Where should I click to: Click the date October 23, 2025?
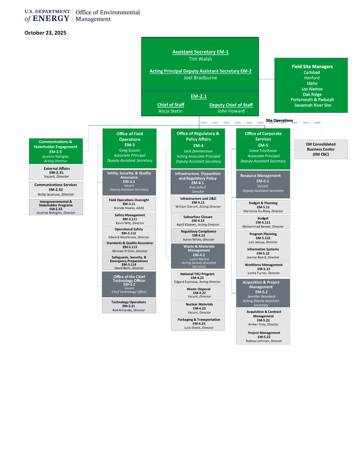pyautogui.click(x=45, y=33)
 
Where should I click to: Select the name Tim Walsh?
pyautogui.click(x=200, y=59)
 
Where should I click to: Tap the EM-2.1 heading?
pyautogui.click(x=199, y=96)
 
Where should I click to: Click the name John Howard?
pyautogui.click(x=231, y=111)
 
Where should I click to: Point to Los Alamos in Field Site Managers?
pyautogui.click(x=312, y=89)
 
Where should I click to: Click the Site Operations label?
pyautogui.click(x=279, y=120)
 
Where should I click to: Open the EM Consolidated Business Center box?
pyautogui.click(x=321, y=149)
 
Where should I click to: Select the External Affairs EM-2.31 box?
pyautogui.click(x=56, y=172)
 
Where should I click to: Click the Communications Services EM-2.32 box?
pyautogui.click(x=56, y=190)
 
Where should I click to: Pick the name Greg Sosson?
pyautogui.click(x=130, y=150)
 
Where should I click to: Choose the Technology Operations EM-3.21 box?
pyautogui.click(x=129, y=306)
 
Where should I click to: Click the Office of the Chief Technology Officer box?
pyautogui.click(x=129, y=284)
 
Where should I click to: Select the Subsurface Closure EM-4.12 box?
pyautogui.click(x=198, y=220)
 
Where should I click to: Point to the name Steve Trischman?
pyautogui.click(x=263, y=151)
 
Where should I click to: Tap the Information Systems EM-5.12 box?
pyautogui.click(x=263, y=253)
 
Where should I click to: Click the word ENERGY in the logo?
pyautogui.click(x=51, y=18)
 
